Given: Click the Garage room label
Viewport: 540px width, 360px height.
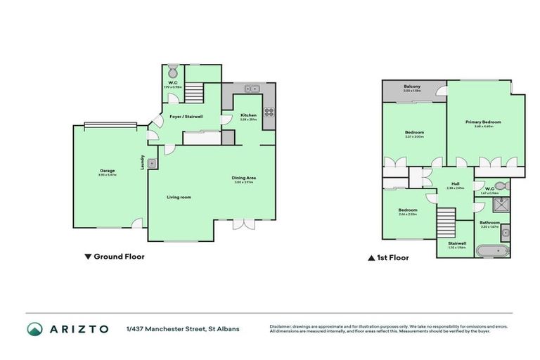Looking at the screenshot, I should (x=107, y=170).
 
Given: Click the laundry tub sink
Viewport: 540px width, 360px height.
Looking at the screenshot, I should (x=152, y=164).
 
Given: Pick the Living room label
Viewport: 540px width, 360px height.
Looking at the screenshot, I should (x=179, y=197).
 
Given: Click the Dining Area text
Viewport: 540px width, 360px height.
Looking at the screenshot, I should (x=244, y=177).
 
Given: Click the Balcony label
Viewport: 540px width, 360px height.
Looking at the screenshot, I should (x=412, y=87).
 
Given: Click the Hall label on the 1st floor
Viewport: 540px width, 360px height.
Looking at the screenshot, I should (x=455, y=184).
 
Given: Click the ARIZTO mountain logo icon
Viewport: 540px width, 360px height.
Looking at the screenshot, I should (x=34, y=328).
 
